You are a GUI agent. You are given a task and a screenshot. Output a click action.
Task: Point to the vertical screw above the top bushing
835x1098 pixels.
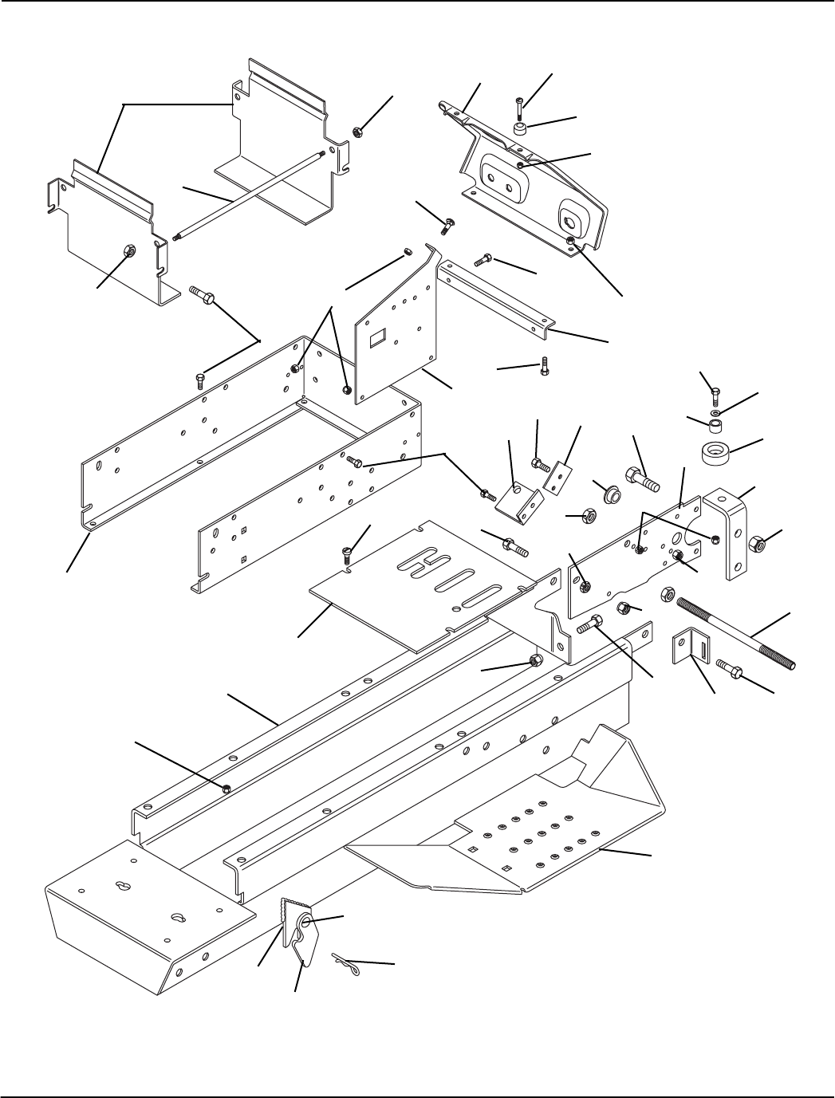tap(519, 104)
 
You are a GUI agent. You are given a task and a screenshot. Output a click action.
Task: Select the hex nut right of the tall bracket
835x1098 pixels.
tap(758, 545)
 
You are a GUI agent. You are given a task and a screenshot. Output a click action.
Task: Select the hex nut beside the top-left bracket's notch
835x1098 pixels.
tap(358, 130)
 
